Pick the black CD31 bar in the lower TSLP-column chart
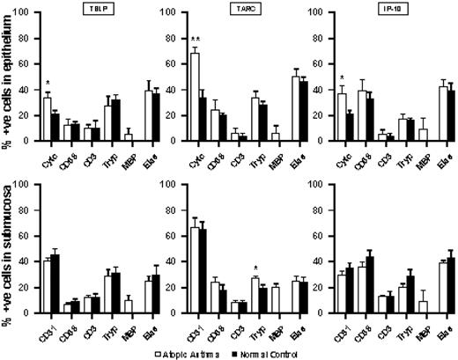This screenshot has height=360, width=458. point(55,285)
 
